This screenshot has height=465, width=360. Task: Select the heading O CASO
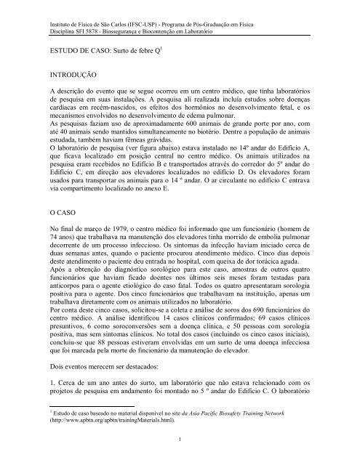[51, 216]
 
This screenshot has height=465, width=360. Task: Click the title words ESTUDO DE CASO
[79, 49]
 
